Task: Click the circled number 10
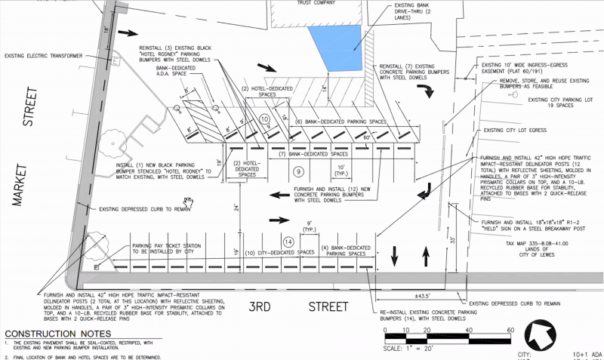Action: pos(264,119)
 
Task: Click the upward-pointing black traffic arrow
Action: pos(425,259)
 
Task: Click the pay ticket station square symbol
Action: pos(97,267)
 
